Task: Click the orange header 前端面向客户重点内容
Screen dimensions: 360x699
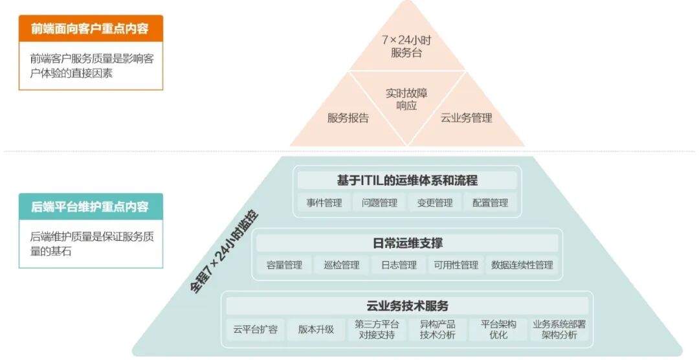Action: tap(90, 28)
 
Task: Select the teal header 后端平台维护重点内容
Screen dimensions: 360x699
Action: tap(90, 207)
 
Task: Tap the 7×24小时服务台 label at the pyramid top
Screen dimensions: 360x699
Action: tap(406, 46)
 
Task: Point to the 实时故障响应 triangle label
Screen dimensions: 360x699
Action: tap(406, 99)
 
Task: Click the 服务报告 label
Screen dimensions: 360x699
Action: tap(348, 118)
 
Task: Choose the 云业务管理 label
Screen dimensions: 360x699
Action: tap(466, 118)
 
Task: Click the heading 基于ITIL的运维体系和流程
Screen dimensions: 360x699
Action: tap(407, 180)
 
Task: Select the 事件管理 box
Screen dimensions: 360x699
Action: tap(324, 203)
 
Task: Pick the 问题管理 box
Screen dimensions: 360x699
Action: tap(379, 203)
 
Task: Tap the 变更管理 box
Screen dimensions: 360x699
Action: tap(434, 203)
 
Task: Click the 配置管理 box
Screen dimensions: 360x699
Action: tap(490, 203)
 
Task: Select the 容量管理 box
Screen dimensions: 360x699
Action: tap(284, 265)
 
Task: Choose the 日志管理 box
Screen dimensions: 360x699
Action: tap(399, 265)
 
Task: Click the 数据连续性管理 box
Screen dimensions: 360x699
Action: tap(522, 265)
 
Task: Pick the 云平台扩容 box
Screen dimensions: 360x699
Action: tap(256, 329)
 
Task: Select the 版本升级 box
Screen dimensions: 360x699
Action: tap(316, 329)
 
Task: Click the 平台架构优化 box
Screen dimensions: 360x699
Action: tap(498, 329)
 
